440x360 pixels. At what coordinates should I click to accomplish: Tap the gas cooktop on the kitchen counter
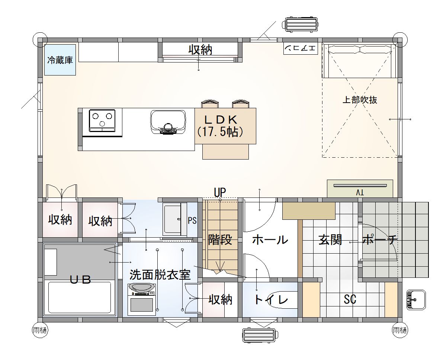pyautogui.click(x=102, y=120)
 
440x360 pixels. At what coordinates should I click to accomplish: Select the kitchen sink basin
pyautogui.click(x=168, y=121)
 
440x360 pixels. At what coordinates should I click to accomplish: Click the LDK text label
pyautogui.click(x=221, y=120)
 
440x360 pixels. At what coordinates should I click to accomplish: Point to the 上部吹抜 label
pyautogui.click(x=359, y=100)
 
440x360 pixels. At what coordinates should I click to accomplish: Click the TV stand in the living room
pyautogui.click(x=360, y=189)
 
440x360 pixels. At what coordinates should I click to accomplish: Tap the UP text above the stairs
pyautogui.click(x=220, y=192)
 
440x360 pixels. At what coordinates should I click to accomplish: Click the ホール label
pyautogui.click(x=270, y=240)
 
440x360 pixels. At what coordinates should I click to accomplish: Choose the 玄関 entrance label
pyautogui.click(x=330, y=240)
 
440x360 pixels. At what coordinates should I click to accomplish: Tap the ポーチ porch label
pyautogui.click(x=380, y=240)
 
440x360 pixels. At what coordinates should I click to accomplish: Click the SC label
pyautogui.click(x=350, y=299)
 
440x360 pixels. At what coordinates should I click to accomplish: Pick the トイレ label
pyautogui.click(x=271, y=300)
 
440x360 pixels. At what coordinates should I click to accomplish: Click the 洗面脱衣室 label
pyautogui.click(x=160, y=275)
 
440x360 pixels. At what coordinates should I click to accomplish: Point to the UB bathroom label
pyautogui.click(x=81, y=280)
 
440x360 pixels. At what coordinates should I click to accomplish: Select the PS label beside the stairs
pyautogui.click(x=192, y=221)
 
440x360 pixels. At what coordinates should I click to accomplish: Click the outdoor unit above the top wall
pyautogui.click(x=302, y=25)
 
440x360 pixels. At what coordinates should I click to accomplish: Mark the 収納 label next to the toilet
pyautogui.click(x=220, y=299)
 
